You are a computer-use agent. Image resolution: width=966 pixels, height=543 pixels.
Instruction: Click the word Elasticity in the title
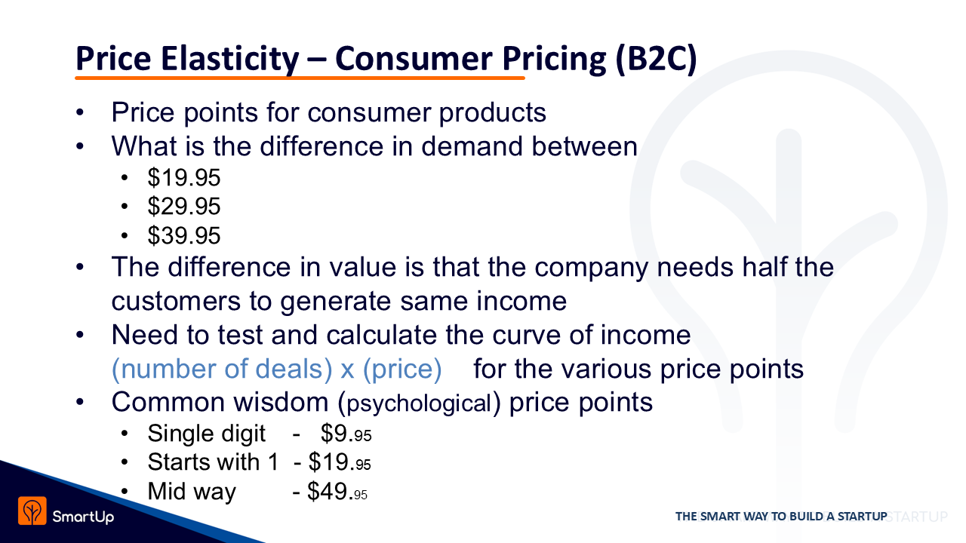coord(230,59)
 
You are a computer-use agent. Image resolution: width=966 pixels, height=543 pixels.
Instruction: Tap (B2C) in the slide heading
coord(656,59)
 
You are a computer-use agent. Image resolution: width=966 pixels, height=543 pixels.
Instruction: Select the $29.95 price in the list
coord(184,206)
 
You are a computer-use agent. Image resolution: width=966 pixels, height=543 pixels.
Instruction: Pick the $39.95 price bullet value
coord(184,235)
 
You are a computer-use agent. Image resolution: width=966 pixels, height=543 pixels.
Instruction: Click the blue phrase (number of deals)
coord(222,369)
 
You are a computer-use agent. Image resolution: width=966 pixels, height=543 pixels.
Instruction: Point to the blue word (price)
coord(402,369)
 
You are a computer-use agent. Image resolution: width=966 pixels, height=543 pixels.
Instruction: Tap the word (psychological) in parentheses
coord(420,403)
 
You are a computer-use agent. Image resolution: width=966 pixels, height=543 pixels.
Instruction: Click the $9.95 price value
coord(346,434)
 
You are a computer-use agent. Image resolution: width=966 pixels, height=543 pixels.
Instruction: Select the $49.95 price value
coord(337,492)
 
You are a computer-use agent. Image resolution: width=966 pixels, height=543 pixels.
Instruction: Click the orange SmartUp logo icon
coord(32,511)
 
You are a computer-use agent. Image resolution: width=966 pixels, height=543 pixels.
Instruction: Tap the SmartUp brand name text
coord(83,517)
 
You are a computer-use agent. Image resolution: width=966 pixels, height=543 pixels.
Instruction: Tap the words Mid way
coord(192,492)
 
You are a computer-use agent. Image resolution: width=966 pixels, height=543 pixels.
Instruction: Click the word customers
coord(176,301)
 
